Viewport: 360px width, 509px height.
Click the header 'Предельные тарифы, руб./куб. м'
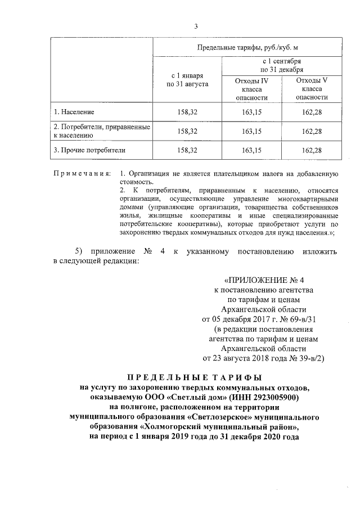245,47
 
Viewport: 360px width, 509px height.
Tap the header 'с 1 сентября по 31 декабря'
281,64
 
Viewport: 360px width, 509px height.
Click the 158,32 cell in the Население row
187,111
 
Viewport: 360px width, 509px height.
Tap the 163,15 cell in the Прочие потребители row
251,150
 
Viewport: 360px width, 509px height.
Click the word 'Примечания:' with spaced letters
82,172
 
